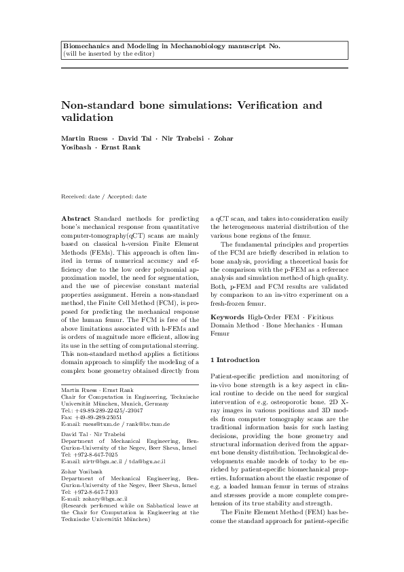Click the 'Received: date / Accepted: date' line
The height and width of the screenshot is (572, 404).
click(x=104, y=196)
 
